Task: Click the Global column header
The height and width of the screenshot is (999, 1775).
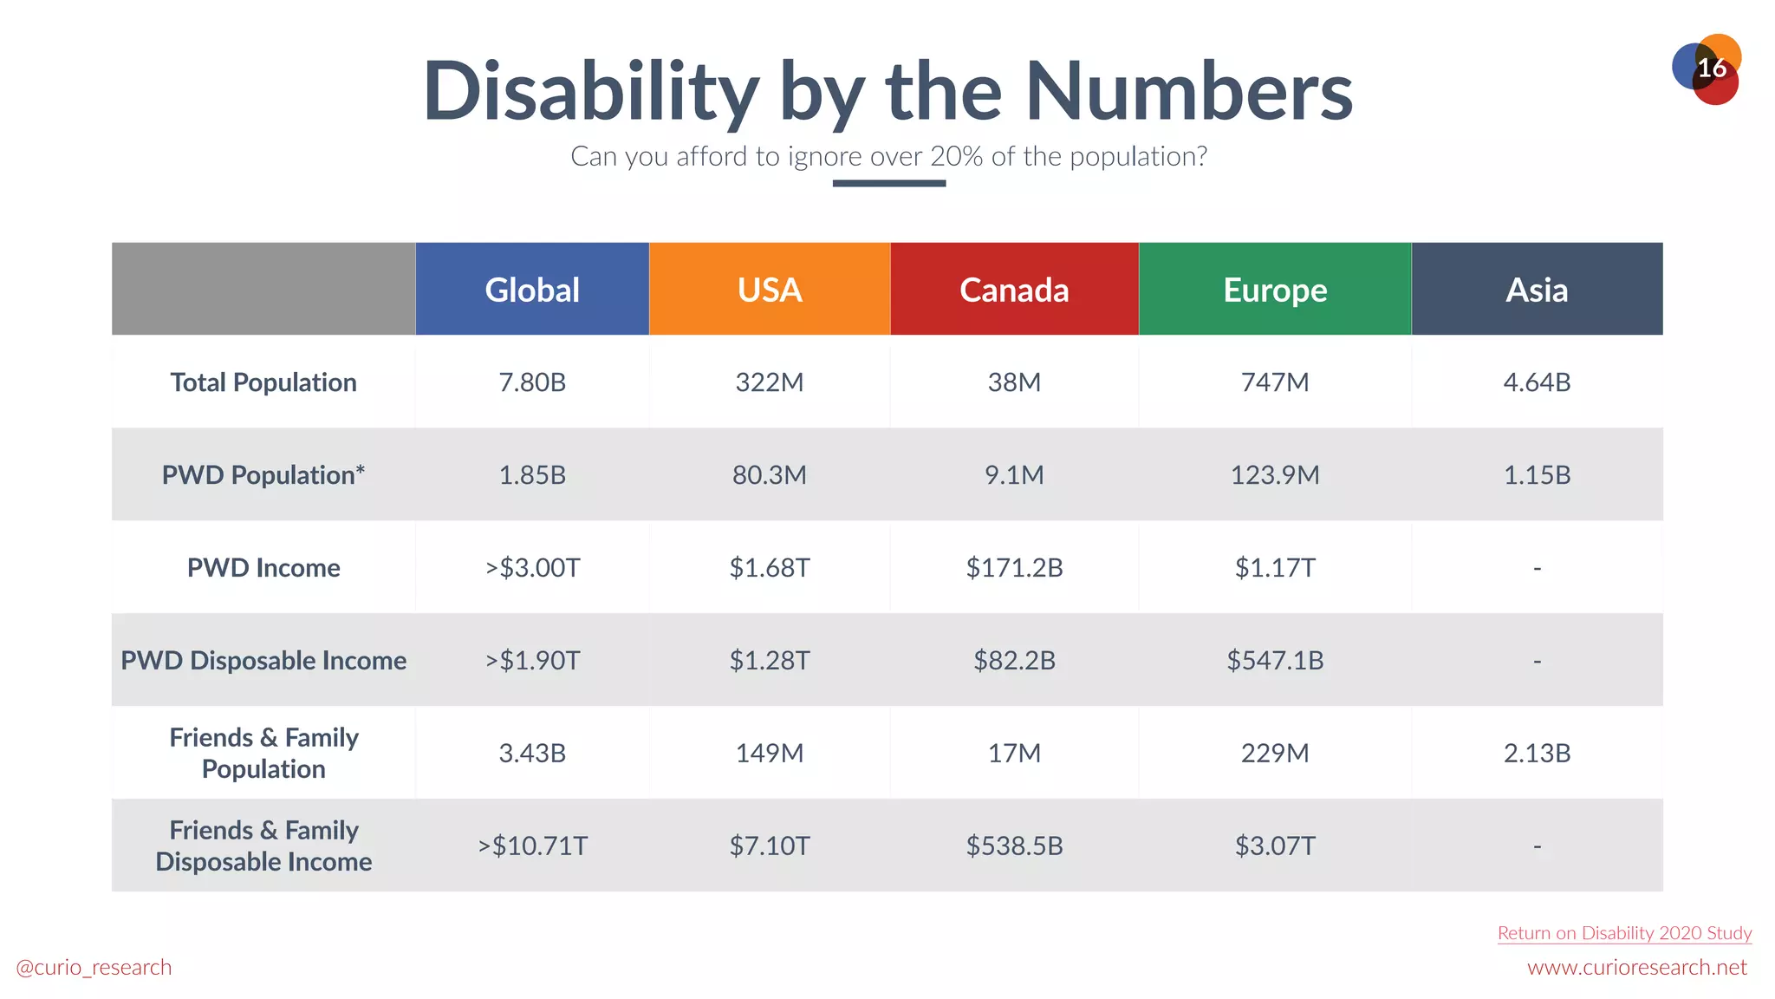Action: point(532,290)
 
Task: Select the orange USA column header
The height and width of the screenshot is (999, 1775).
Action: point(770,290)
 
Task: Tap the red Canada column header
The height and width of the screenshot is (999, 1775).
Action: point(1014,290)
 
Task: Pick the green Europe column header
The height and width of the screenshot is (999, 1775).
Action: point(1275,290)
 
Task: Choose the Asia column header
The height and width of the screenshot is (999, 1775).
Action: point(1537,290)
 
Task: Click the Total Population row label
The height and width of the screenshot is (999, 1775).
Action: point(263,382)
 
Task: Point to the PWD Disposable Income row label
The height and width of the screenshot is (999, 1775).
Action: point(263,661)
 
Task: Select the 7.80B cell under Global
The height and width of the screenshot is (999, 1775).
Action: point(532,382)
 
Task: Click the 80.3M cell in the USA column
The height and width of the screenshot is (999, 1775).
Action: point(770,475)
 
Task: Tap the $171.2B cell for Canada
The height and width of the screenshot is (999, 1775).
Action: point(1014,568)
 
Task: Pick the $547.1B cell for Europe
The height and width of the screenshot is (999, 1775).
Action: point(1275,661)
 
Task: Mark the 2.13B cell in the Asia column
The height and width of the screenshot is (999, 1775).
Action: point(1537,753)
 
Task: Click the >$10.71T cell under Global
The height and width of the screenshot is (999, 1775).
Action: point(532,846)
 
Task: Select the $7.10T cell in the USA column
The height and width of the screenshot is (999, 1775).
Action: point(770,846)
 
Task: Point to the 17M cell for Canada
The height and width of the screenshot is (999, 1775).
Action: point(1014,753)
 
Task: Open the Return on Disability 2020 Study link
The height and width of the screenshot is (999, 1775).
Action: point(1624,933)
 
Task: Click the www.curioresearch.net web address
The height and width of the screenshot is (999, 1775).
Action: point(1636,968)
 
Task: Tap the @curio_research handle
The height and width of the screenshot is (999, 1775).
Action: point(94,968)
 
